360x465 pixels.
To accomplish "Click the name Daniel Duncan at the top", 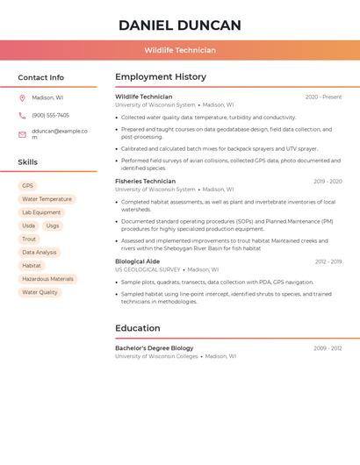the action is pos(180,25).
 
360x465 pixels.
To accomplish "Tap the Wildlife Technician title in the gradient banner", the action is pos(180,50).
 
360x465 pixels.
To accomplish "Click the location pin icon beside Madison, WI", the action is pos(22,97).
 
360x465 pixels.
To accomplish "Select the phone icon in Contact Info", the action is pos(22,115).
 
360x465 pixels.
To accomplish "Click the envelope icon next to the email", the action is pos(22,134).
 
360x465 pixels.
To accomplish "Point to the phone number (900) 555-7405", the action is pos(50,115).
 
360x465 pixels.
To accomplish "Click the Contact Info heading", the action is pos(41,77).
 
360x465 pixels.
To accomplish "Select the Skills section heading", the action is pos(28,162).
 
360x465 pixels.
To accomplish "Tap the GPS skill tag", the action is pos(27,186).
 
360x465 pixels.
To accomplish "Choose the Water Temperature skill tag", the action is pos(47,199).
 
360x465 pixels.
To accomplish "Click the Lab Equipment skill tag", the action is pos(41,212).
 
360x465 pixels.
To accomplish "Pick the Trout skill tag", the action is pos(29,239).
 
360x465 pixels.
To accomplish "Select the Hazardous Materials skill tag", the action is pos(47,279).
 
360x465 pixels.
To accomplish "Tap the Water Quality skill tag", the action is pos(40,292).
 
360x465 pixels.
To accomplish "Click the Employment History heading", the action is pos(161,77).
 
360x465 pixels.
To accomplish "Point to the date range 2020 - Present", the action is pos(323,97).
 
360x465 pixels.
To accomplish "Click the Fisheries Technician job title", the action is pos(145,182).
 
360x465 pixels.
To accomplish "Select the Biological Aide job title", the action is pos(138,261).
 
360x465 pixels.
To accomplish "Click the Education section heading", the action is pos(137,329).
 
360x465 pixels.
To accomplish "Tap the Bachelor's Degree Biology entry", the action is pos(155,348).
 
